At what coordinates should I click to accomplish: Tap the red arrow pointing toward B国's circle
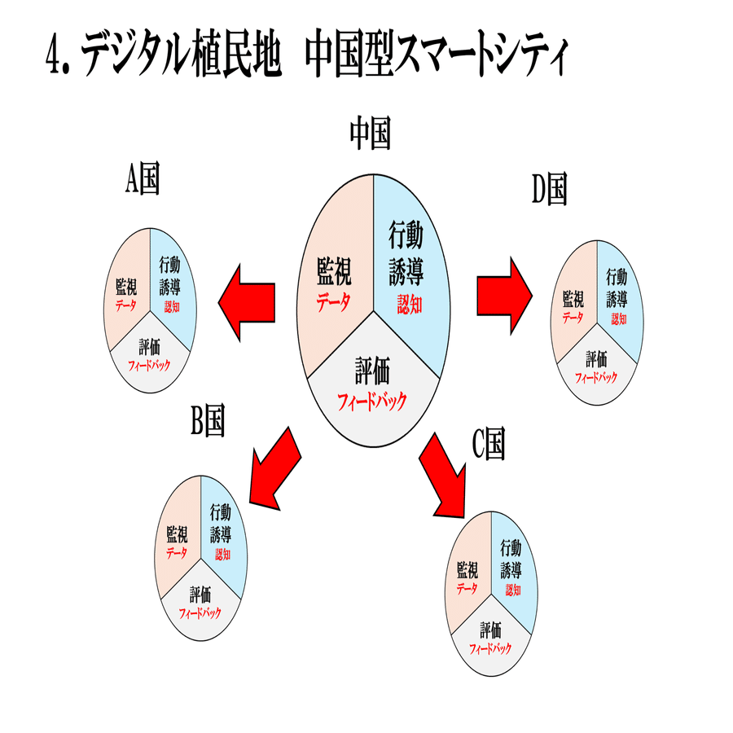point(275,468)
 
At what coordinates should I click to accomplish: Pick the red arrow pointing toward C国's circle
point(442,476)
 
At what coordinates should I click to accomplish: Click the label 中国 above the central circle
point(371,134)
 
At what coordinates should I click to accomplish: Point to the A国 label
point(143,178)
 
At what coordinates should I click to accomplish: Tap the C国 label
point(489,444)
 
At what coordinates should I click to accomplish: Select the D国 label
point(550,189)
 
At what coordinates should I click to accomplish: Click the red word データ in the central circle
point(333,302)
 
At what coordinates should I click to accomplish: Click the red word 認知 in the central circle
point(410,305)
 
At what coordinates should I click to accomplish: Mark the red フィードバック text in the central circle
point(372,402)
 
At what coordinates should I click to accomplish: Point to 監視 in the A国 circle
point(126,287)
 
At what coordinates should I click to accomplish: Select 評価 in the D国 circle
point(596,359)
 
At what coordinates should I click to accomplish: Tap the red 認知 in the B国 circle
point(222,555)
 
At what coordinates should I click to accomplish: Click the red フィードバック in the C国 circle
point(490,649)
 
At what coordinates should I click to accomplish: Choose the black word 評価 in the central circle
point(372,371)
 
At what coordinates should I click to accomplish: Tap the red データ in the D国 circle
point(573,318)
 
